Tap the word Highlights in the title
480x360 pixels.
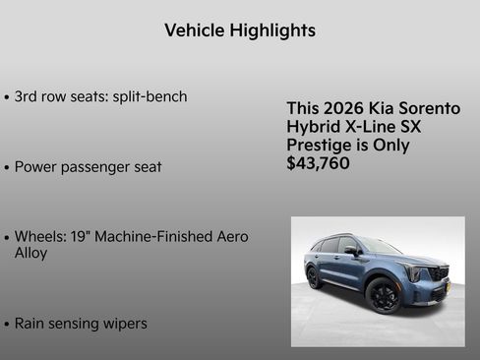coord(272,30)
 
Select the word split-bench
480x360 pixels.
coord(147,97)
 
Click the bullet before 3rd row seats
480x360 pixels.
coord(8,98)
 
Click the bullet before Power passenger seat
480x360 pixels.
coord(8,168)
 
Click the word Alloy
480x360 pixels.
coord(31,253)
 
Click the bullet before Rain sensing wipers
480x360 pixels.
coord(8,324)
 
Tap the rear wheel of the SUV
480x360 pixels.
coord(314,278)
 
